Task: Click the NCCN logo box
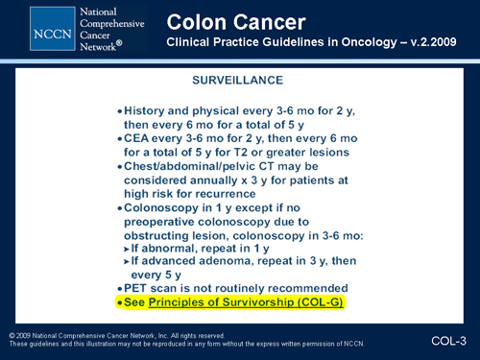(29, 31)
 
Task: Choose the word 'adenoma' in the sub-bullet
(226, 261)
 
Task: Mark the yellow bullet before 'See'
(119, 303)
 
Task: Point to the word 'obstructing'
(164, 234)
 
